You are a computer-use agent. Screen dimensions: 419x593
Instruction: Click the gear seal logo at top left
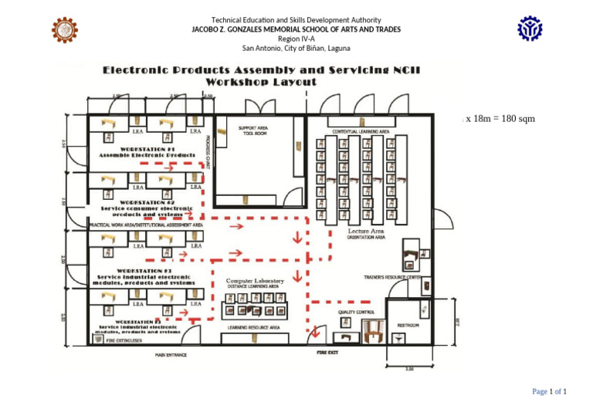(64, 29)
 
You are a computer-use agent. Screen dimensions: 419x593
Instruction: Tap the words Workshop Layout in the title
(260, 81)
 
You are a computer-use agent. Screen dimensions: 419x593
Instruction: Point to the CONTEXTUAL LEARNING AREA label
(361, 132)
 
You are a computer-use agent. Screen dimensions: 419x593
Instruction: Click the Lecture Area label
(366, 231)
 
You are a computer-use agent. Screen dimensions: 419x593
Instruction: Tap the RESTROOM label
(408, 326)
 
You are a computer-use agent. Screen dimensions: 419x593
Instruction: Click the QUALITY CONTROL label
(356, 312)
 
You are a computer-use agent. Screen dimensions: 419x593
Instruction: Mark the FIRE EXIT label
(328, 352)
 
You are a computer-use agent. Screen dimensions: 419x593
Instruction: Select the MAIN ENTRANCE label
(171, 355)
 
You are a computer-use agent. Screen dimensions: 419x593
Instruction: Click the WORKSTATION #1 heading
(137, 148)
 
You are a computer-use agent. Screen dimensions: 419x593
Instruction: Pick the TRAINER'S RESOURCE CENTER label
(391, 276)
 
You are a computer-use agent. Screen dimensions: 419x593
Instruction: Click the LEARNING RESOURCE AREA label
(253, 327)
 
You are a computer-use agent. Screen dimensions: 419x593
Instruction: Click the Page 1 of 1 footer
(549, 392)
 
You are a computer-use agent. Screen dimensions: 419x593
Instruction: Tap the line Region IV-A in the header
(296, 38)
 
